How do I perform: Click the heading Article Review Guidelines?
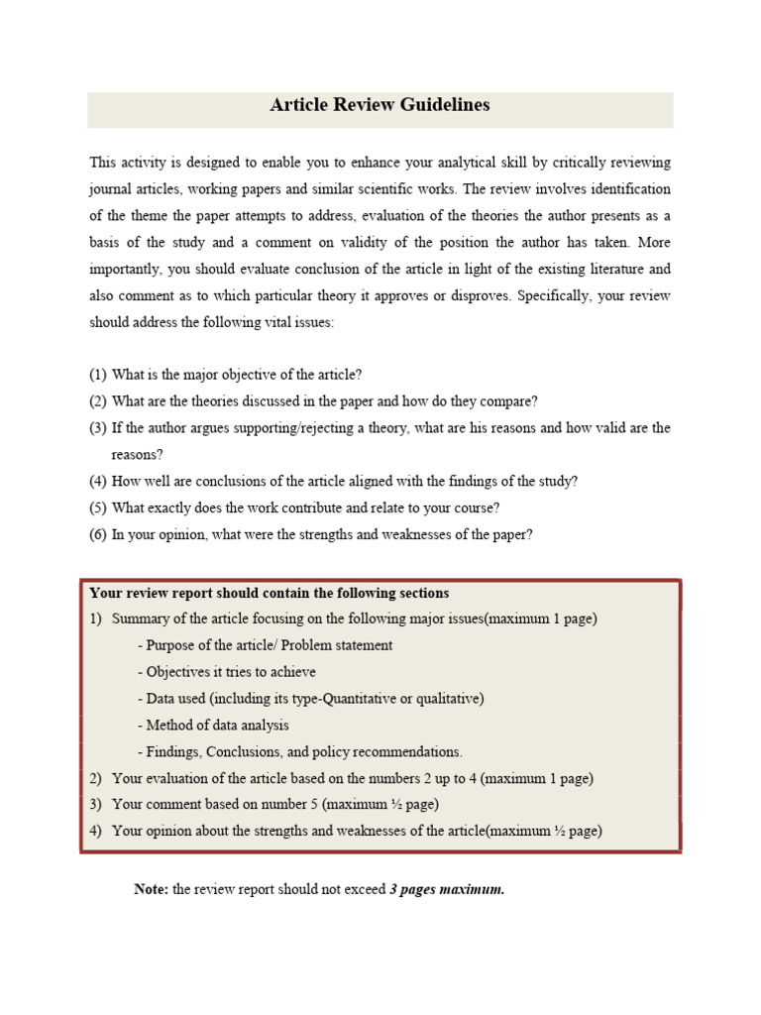[380, 105]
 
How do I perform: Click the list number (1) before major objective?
[97, 375]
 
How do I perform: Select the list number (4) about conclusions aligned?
[97, 482]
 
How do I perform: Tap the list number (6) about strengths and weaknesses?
[97, 535]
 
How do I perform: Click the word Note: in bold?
[151, 889]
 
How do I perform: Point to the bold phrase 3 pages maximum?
[447, 889]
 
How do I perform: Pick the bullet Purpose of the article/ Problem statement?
[265, 645]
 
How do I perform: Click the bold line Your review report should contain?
[269, 594]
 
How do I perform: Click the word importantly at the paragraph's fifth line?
[128, 269]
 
